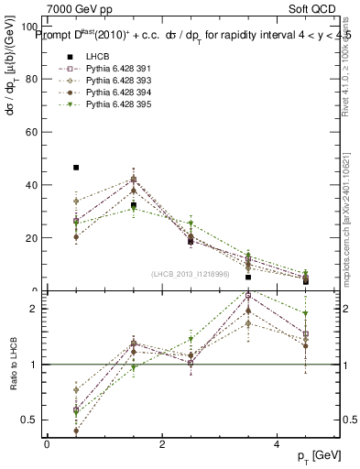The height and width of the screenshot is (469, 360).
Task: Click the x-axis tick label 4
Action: coord(277,444)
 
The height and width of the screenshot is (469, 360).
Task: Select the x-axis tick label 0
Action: coord(47,444)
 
